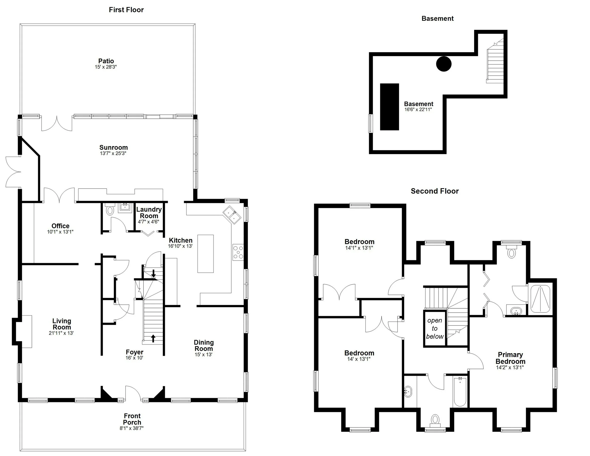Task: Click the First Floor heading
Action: pos(126,10)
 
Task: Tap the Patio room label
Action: pos(106,61)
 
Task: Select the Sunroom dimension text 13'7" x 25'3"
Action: pos(113,153)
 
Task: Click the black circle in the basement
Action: pos(444,64)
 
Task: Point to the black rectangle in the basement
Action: pos(389,107)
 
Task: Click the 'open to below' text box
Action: pos(434,328)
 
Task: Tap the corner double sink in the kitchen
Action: pos(232,215)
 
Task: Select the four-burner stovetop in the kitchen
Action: pos(238,252)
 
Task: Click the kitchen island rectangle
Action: pos(205,254)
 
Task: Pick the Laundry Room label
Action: pos(149,213)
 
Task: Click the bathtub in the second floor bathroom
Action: pos(460,392)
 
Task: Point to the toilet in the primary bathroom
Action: pos(511,253)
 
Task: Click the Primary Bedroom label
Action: pos(510,358)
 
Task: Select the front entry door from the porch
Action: pos(133,394)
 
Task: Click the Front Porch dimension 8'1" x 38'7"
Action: pos(131,428)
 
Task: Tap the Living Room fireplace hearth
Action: pos(26,331)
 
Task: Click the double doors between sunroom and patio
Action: pos(57,124)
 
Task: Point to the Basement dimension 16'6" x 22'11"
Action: pos(418,110)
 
